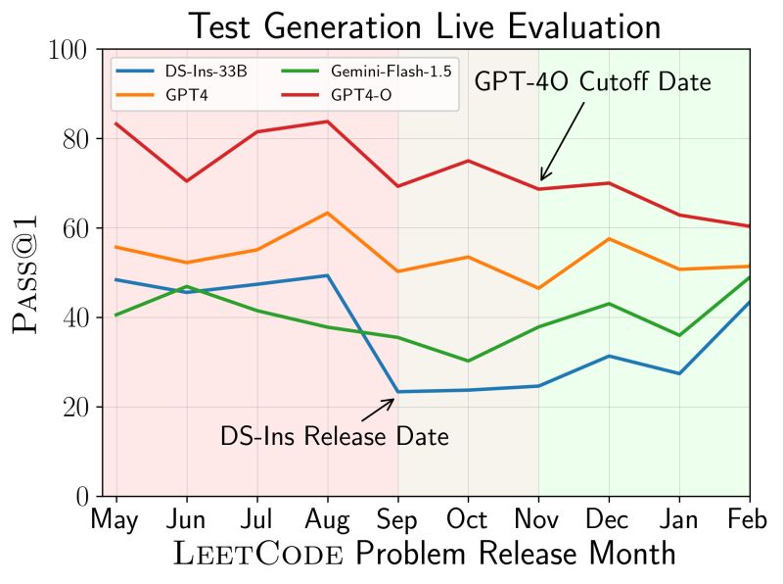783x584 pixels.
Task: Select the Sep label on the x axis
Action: (x=397, y=518)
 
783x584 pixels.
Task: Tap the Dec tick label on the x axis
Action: (x=608, y=518)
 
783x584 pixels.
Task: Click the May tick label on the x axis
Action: (x=115, y=518)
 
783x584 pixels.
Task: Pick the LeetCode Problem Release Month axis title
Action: (x=424, y=555)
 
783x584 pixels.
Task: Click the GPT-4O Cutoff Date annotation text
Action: (x=592, y=82)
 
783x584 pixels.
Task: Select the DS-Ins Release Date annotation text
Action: (x=335, y=436)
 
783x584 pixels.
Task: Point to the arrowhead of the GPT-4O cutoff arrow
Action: (x=542, y=179)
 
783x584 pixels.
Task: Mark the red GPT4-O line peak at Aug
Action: (x=327, y=122)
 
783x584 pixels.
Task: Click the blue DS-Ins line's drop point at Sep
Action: (x=397, y=392)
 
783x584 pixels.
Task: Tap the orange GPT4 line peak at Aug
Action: (x=327, y=213)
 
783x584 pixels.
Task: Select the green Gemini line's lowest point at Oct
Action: (x=468, y=361)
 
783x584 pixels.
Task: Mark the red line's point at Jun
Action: (x=186, y=181)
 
